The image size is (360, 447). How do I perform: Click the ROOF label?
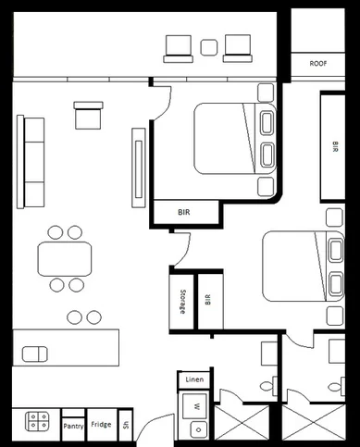click(318, 65)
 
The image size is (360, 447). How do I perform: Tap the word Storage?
click(182, 301)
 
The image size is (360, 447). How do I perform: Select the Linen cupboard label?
click(194, 379)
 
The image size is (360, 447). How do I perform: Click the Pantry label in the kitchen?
click(73, 426)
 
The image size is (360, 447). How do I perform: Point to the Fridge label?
click(101, 425)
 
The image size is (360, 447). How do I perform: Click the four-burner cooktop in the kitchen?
click(39, 422)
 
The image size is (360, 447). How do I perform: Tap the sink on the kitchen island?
click(36, 354)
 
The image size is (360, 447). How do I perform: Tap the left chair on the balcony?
click(178, 48)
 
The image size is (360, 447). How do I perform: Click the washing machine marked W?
click(195, 405)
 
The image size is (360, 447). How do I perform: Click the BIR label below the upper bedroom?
click(184, 212)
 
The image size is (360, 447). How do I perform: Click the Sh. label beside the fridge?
click(126, 426)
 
